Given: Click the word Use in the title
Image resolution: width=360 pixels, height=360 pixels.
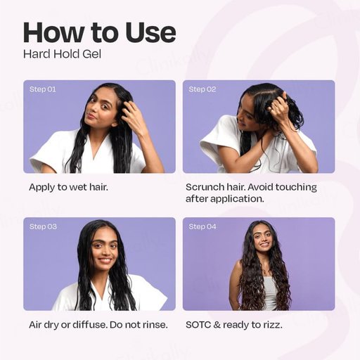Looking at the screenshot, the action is click(150, 32).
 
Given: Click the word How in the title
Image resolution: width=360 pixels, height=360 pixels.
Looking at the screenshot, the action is click(54, 32).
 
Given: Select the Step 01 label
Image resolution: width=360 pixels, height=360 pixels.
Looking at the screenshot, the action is click(43, 89).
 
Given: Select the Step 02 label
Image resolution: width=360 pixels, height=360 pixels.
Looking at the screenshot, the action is click(202, 89).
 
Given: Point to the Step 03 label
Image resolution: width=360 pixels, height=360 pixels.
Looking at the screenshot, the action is click(43, 226).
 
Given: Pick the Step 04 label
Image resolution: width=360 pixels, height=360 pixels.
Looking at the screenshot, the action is click(202, 226).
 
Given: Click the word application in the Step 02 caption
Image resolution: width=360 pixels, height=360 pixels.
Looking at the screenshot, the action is click(237, 199).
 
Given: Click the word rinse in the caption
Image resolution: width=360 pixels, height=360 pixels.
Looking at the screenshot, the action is click(155, 325).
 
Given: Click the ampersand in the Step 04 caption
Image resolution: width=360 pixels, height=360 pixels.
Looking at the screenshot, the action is click(217, 325).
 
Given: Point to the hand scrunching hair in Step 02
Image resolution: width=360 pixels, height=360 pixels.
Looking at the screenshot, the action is click(279, 105).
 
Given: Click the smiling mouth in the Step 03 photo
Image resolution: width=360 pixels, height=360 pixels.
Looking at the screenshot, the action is click(105, 260).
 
